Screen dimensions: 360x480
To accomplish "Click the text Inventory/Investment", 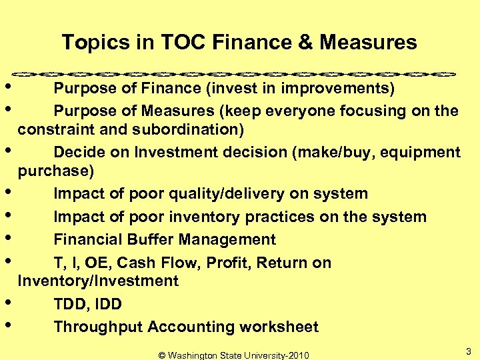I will coord(98,281).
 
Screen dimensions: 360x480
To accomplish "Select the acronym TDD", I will coord(70,305).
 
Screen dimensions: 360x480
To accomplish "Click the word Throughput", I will coord(98,327).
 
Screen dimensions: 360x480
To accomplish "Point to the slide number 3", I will coord(469,351).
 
